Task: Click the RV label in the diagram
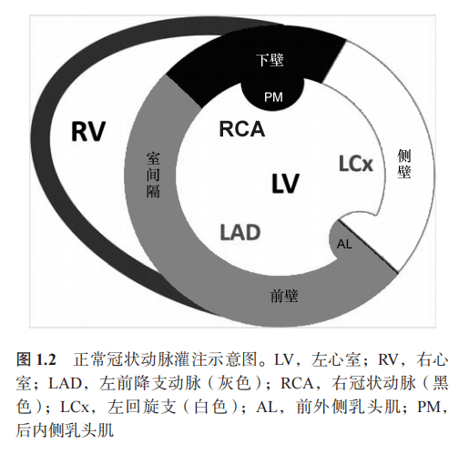click(x=88, y=131)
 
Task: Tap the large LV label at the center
click(x=285, y=183)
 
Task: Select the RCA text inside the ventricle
click(x=242, y=129)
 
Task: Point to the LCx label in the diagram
click(x=355, y=164)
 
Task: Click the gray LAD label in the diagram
click(x=240, y=232)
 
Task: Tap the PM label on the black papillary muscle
click(x=273, y=97)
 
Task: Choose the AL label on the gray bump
click(x=344, y=244)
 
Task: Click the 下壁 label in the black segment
click(x=270, y=60)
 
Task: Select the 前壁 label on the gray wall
click(x=284, y=296)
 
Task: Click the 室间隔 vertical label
click(x=153, y=175)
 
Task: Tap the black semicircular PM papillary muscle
click(x=272, y=95)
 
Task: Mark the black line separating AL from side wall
click(x=368, y=246)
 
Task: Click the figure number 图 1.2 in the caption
click(x=36, y=360)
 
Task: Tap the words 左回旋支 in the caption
click(x=142, y=407)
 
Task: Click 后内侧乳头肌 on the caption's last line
click(x=65, y=430)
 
